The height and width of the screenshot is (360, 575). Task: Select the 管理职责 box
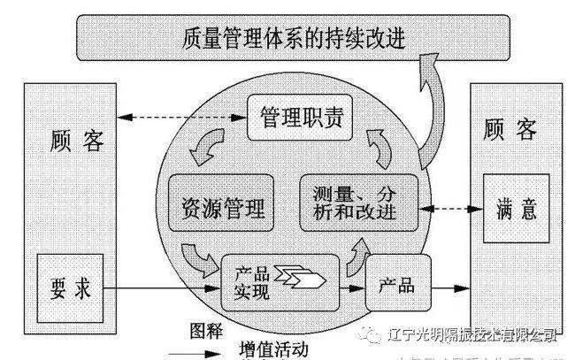point(295,116)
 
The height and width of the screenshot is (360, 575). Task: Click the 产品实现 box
point(280,280)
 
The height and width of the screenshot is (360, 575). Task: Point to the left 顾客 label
point(79,140)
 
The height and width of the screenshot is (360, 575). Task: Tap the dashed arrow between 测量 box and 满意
point(448,211)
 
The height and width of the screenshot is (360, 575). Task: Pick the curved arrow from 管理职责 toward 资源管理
point(211,149)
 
